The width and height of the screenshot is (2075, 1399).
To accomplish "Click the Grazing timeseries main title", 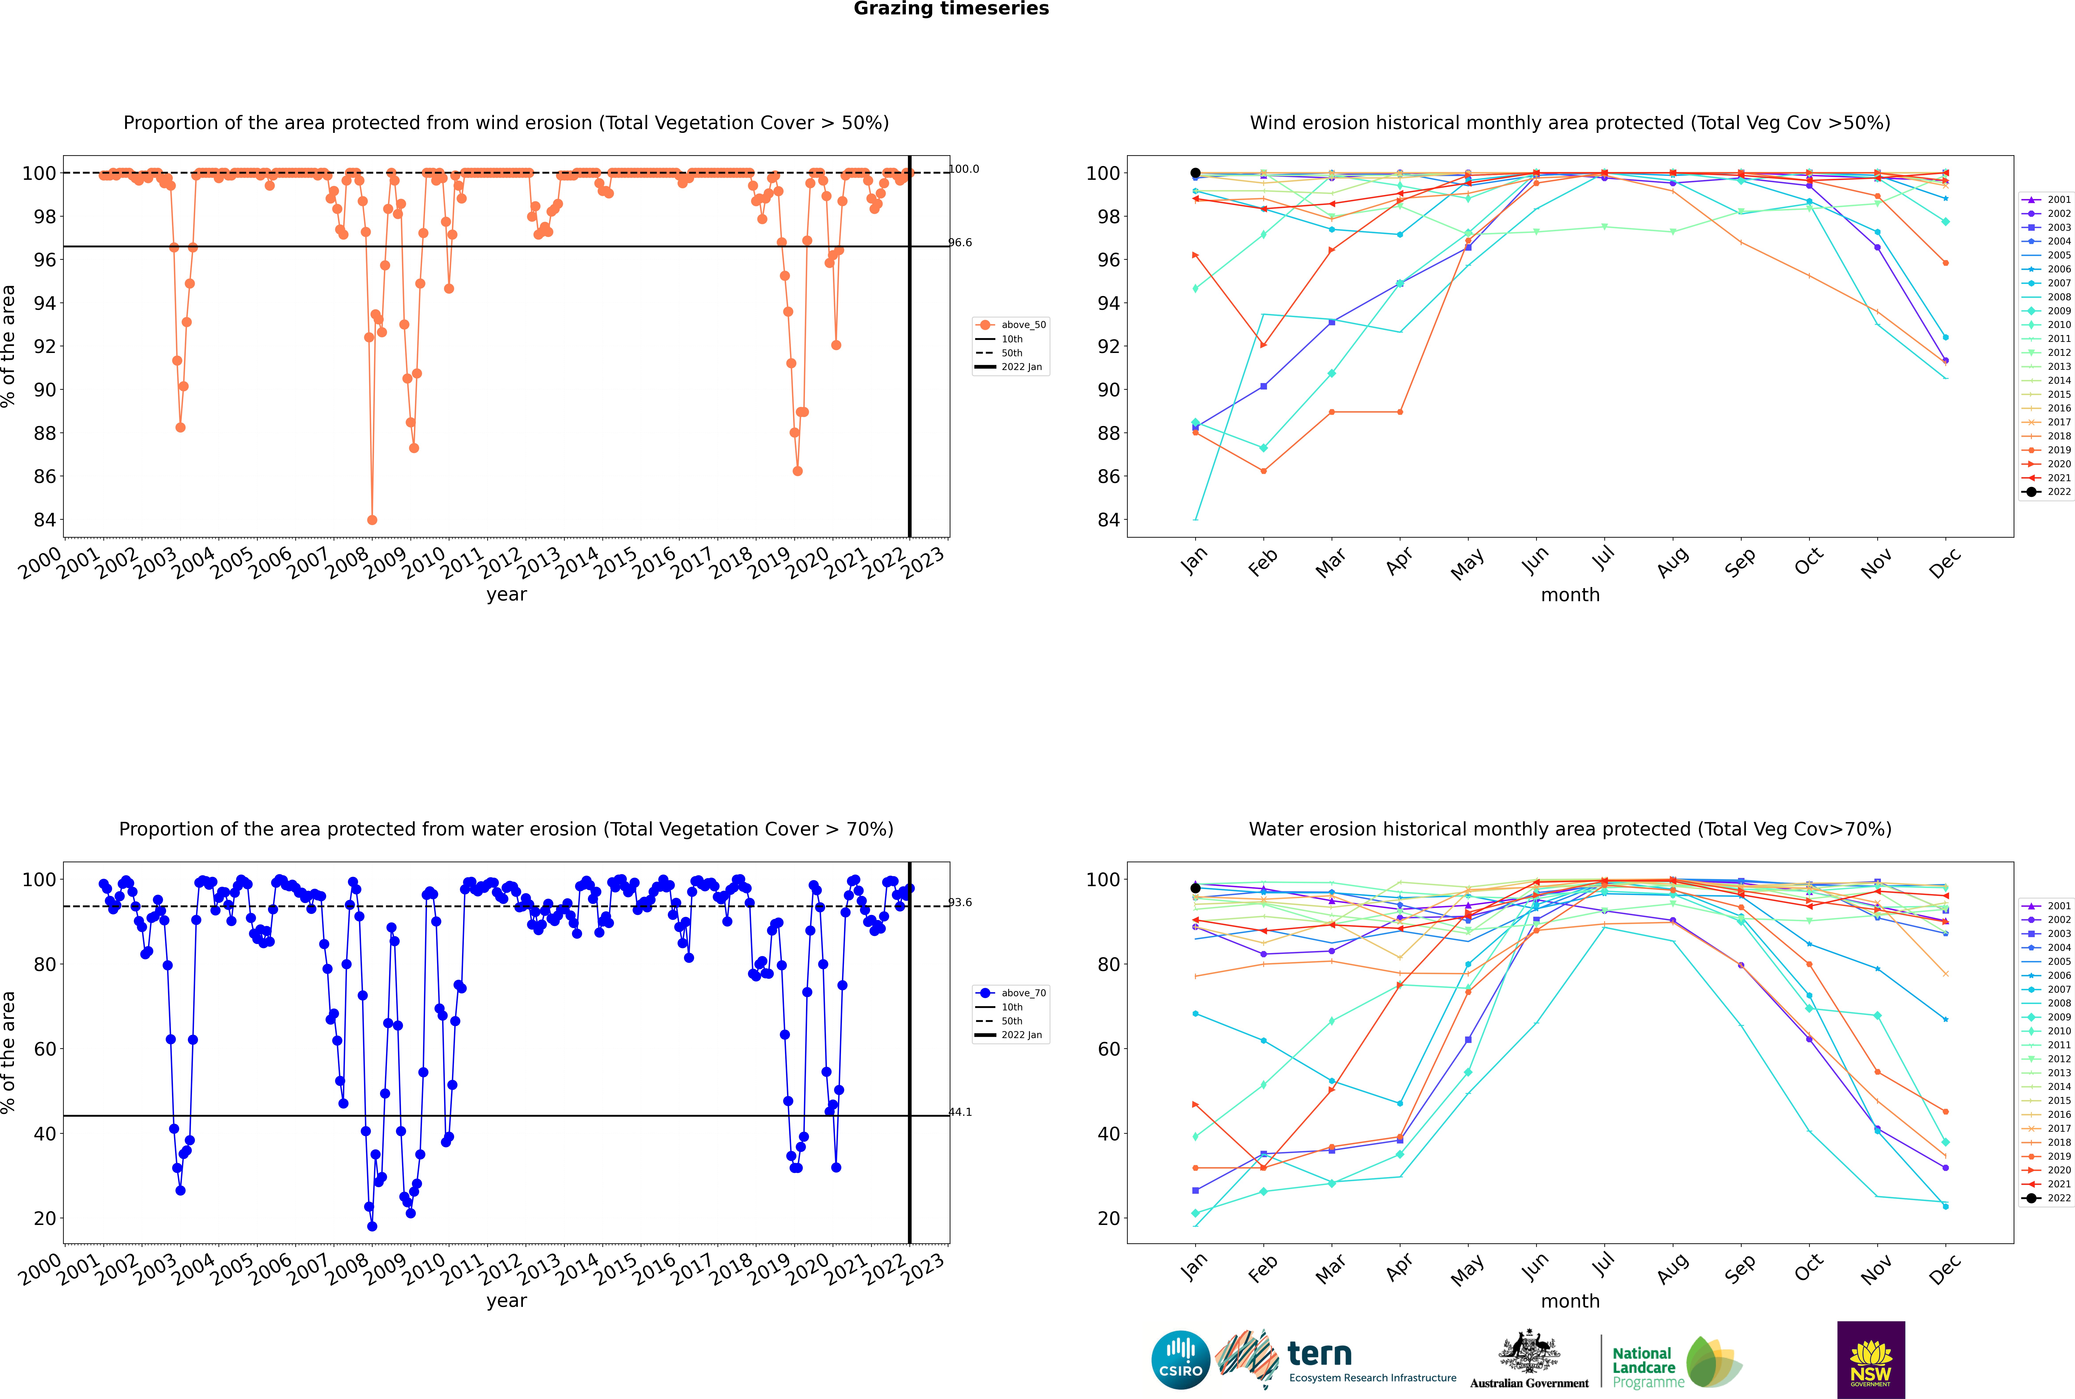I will (x=951, y=9).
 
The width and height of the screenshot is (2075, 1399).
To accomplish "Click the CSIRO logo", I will (x=1180, y=1360).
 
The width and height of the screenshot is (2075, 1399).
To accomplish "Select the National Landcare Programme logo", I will (x=1675, y=1362).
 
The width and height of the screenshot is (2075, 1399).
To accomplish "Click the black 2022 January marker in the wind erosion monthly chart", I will (x=1195, y=173).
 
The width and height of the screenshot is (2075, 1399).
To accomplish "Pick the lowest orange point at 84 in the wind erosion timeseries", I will (x=372, y=520).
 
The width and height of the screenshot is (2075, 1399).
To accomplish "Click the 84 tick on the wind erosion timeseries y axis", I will (x=44, y=520).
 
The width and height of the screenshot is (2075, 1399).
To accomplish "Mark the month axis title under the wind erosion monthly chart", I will (x=1570, y=595).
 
